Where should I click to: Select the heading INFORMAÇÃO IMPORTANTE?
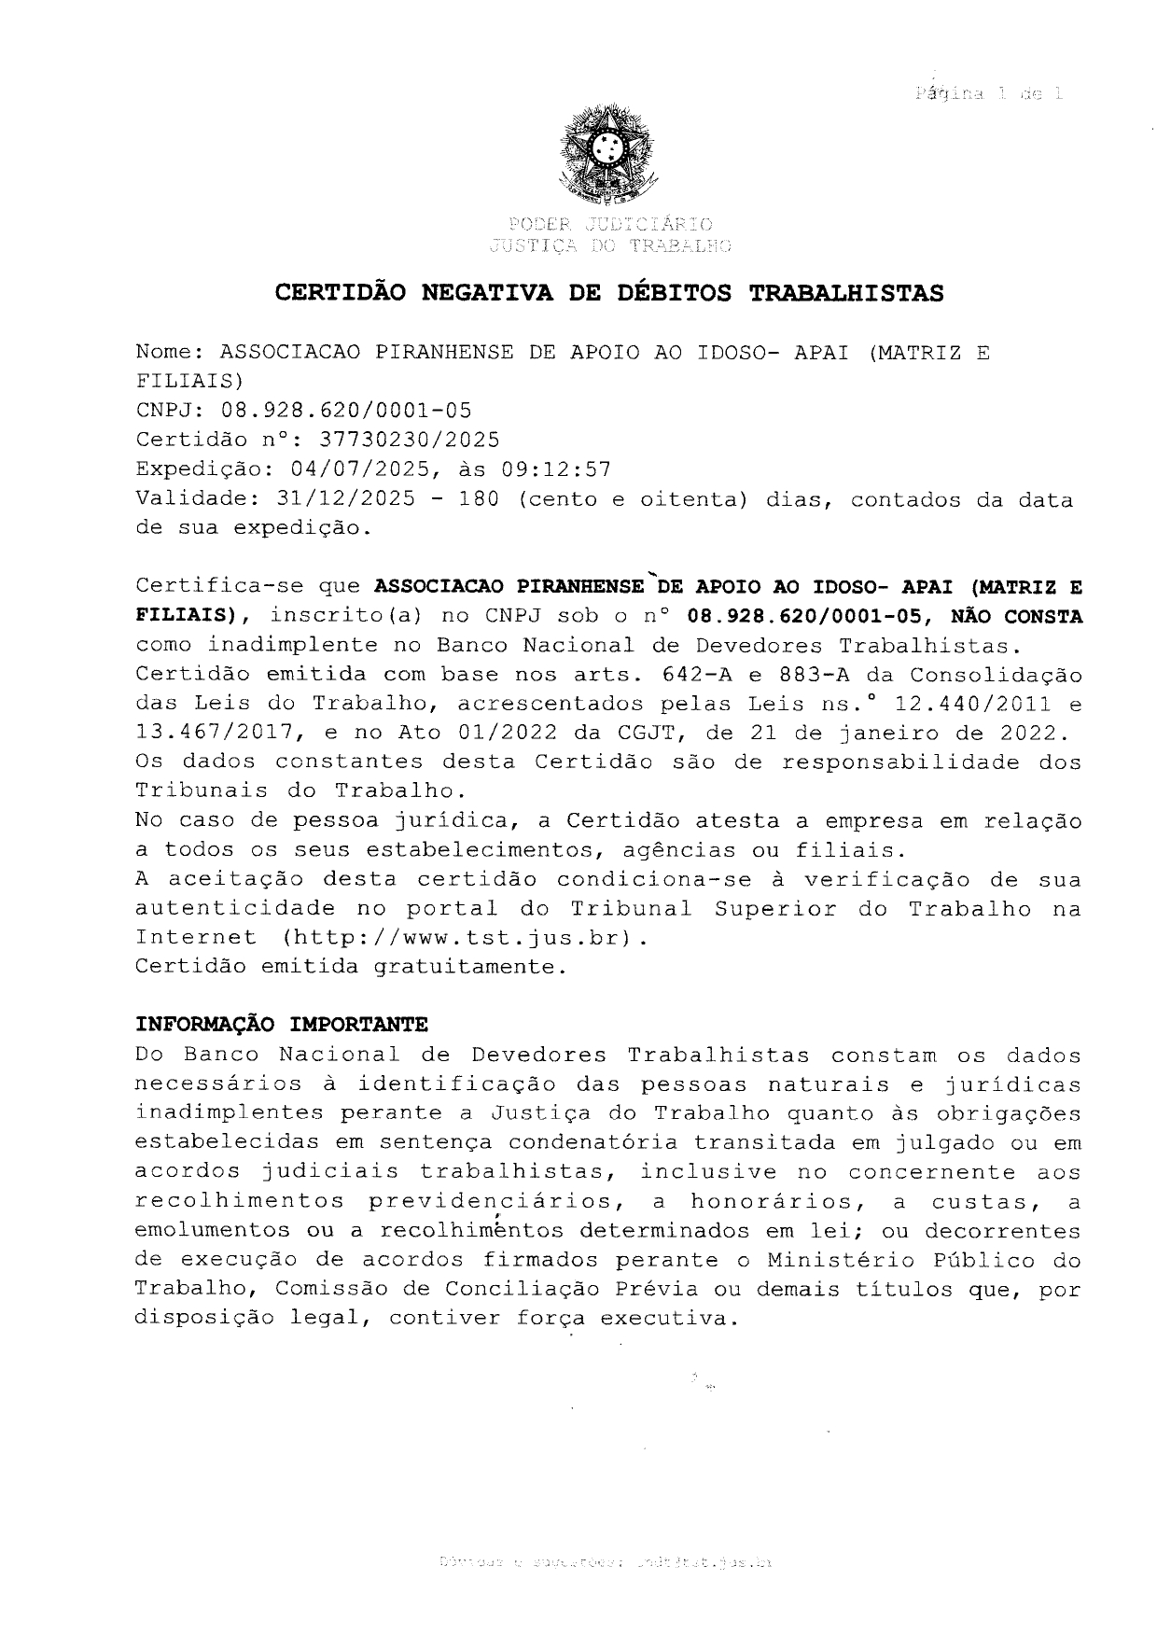[282, 1025]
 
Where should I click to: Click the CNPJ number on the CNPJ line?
[345, 411]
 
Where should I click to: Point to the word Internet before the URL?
[195, 937]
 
